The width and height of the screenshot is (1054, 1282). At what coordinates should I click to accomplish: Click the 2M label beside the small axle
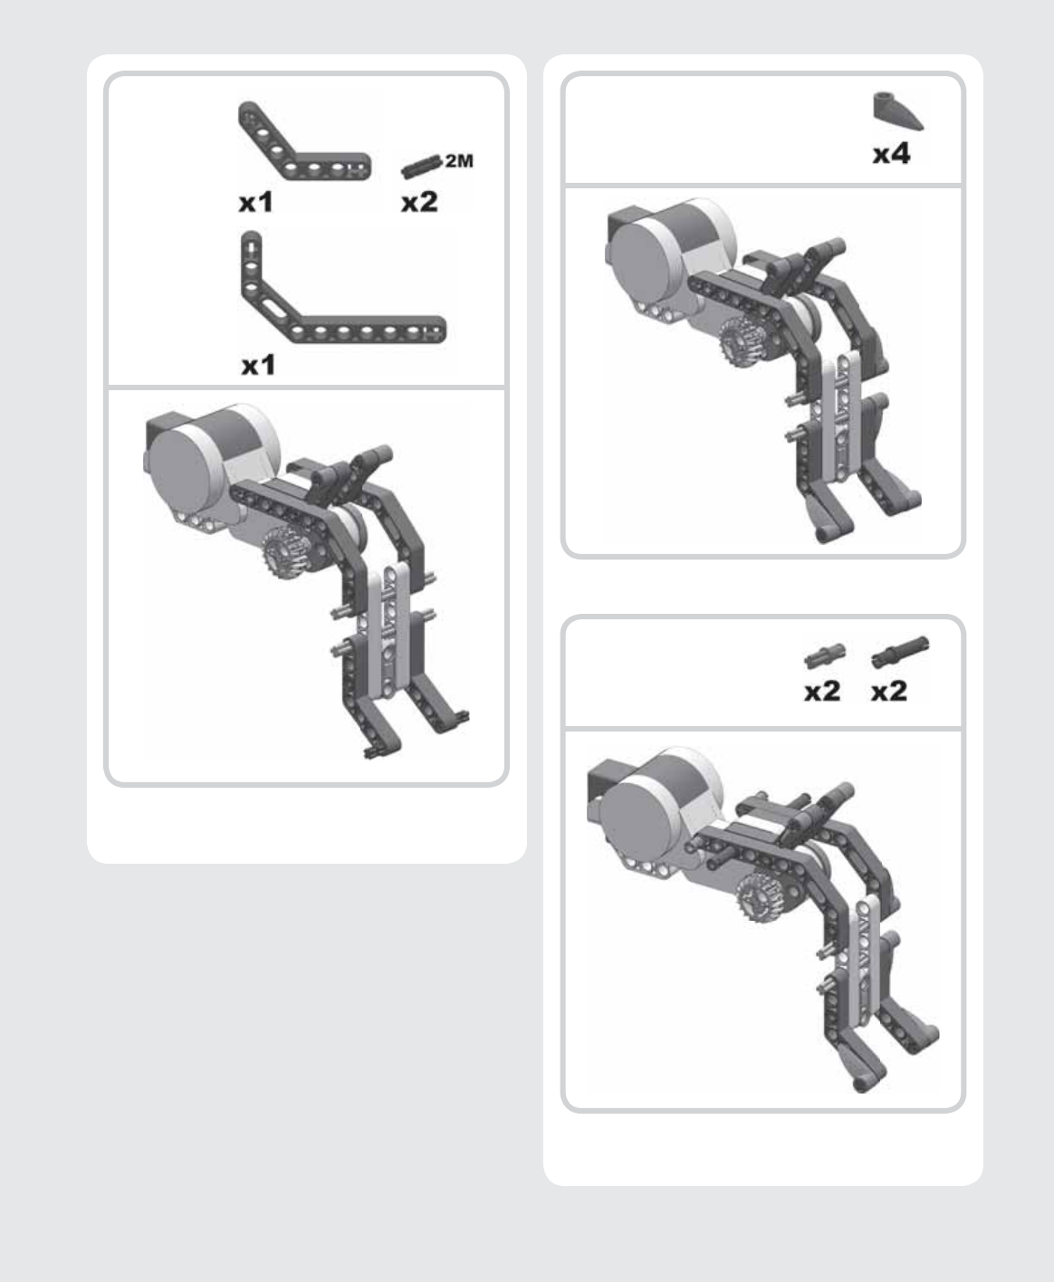pos(459,161)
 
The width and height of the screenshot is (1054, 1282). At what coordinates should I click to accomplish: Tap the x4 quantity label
pos(892,155)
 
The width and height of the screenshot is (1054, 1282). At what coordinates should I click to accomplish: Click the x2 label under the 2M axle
pos(419,202)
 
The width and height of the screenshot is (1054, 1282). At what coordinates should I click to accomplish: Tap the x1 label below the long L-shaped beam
pos(258,366)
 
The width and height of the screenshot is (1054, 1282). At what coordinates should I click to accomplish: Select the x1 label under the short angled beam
pos(256,203)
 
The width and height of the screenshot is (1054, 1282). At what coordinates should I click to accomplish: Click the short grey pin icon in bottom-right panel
pos(824,655)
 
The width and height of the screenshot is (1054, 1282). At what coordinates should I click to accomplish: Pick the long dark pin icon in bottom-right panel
pos(899,651)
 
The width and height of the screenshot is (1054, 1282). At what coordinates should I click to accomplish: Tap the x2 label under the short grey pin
pos(822,691)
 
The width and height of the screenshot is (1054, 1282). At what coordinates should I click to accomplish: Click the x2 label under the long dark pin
pos(889,691)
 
